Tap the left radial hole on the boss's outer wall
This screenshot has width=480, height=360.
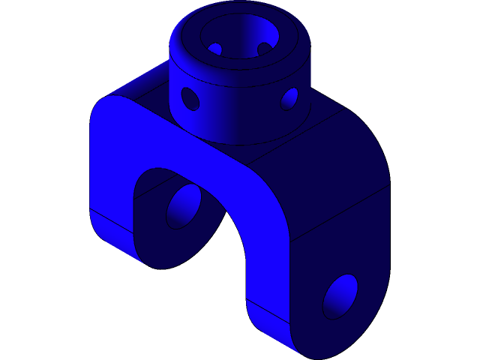(190, 98)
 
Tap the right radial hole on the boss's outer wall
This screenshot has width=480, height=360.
(289, 97)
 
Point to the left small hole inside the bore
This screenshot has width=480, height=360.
(215, 49)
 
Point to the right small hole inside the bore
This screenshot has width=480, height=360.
(264, 49)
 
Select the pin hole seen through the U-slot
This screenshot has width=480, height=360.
(184, 206)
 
